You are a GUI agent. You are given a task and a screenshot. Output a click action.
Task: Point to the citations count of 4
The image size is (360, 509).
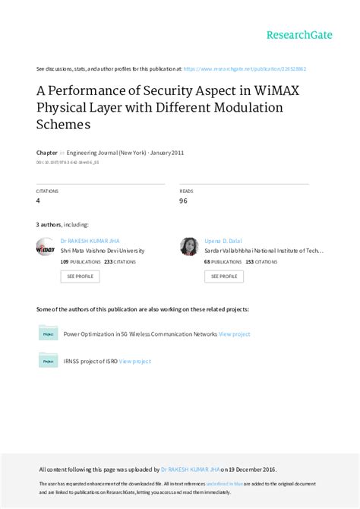[39, 201]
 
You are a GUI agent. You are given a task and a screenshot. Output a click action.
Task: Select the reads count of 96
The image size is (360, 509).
[183, 201]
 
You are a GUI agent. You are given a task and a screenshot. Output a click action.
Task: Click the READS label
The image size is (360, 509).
[186, 191]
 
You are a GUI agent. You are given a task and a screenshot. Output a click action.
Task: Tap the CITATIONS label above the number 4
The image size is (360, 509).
[47, 191]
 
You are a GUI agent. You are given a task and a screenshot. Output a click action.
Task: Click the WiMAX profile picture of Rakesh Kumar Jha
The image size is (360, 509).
[46, 247]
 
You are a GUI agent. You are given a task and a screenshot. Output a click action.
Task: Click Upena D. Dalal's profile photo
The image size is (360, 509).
[189, 247]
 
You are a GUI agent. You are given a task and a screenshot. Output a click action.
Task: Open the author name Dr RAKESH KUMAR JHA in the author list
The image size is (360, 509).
[90, 240]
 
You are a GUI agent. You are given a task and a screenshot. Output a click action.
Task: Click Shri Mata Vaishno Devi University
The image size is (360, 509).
[102, 250]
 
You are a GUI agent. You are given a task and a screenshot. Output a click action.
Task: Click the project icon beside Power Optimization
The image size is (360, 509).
[48, 334]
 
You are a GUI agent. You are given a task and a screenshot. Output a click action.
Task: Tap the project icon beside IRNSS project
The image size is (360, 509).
[48, 361]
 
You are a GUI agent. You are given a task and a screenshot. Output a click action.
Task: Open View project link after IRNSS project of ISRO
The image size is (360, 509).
[135, 362]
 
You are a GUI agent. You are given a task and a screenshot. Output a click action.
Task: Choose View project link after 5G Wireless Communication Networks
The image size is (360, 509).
[234, 334]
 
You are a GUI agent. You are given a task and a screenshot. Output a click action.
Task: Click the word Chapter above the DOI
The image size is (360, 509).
[47, 152]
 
